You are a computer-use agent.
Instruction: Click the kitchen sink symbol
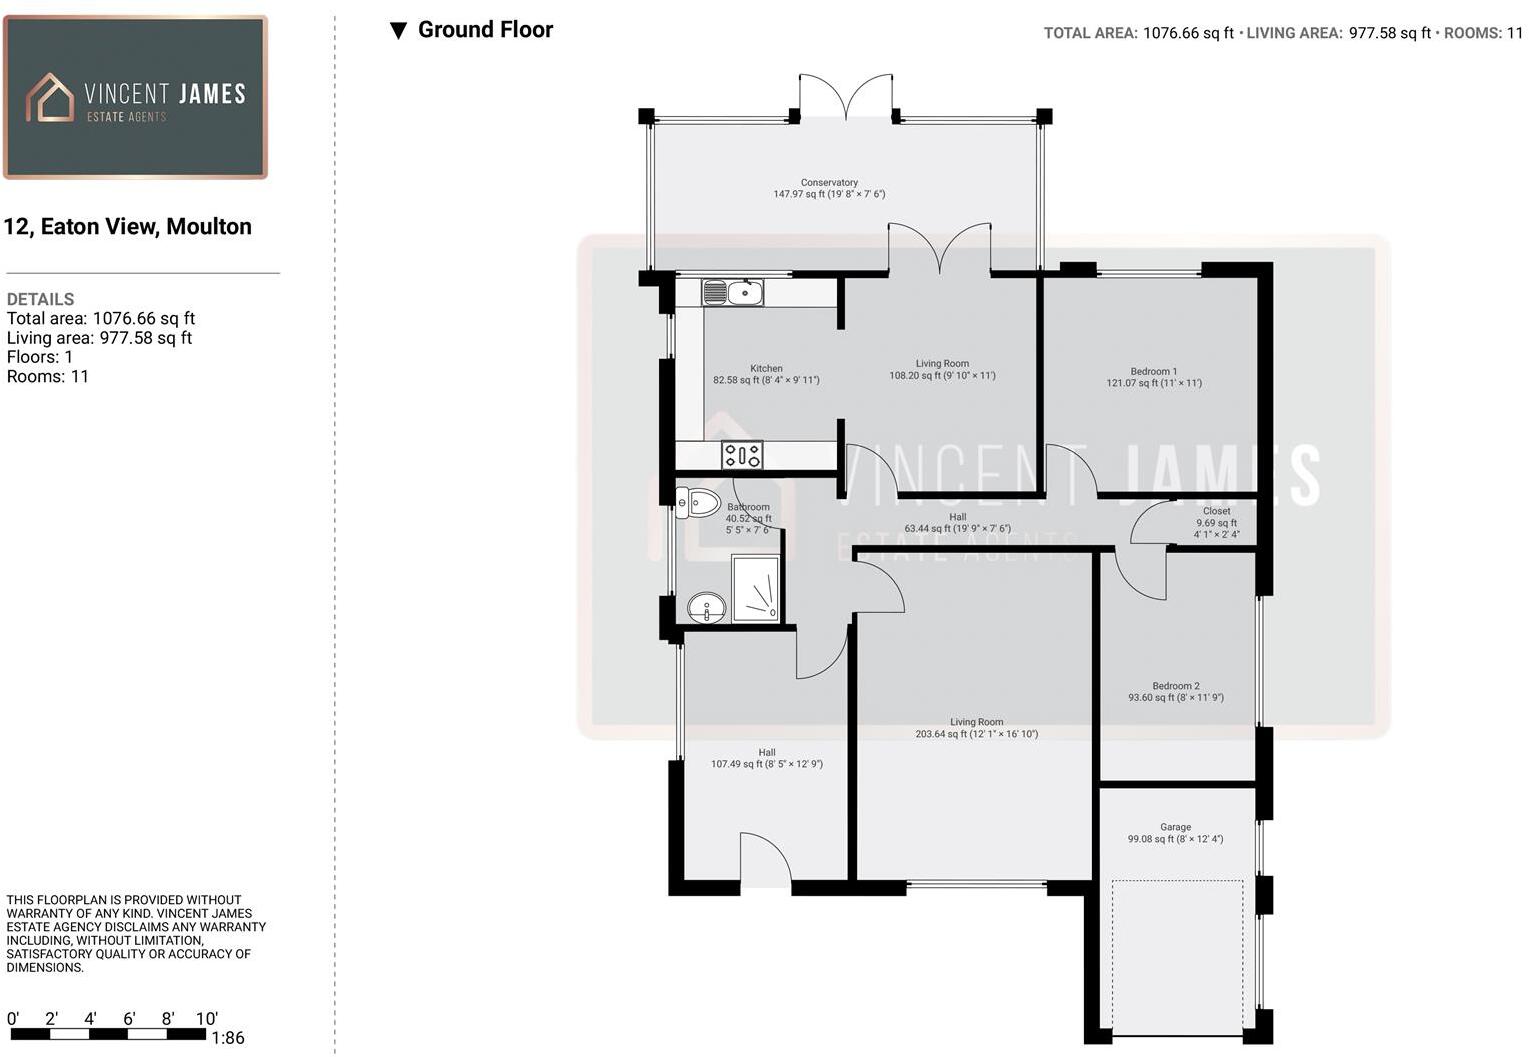point(732,293)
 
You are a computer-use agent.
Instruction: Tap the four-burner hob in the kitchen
point(742,455)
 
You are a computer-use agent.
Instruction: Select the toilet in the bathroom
point(698,504)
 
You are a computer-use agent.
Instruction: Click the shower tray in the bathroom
point(756,589)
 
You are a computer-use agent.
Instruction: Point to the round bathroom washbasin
point(706,607)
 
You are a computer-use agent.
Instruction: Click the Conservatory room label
point(829,182)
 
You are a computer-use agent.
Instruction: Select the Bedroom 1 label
point(1154,371)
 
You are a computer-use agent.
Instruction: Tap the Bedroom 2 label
point(1175,686)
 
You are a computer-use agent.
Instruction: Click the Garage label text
point(1175,827)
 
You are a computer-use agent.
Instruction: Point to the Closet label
point(1216,511)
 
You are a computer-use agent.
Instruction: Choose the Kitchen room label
point(766,368)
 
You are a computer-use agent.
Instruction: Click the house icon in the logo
point(50,98)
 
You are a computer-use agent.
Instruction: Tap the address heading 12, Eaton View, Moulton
point(128,227)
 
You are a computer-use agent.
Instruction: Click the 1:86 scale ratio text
point(228,1038)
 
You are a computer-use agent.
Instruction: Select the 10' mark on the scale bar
point(206,1019)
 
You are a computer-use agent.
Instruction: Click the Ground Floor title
point(485,30)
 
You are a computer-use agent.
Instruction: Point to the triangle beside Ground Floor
point(399,31)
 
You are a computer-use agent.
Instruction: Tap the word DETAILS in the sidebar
point(40,299)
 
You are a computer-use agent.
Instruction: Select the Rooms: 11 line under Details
point(48,377)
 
